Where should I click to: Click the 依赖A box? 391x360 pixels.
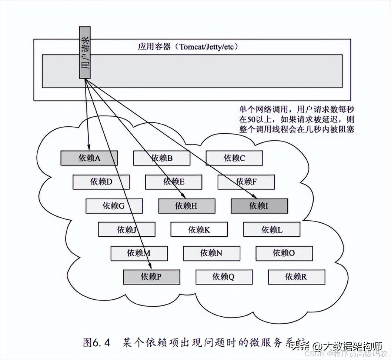click(x=89, y=158)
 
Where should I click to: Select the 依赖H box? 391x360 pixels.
click(x=187, y=206)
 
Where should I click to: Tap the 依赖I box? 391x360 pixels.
click(x=259, y=206)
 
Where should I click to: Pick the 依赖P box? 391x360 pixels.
click(x=151, y=277)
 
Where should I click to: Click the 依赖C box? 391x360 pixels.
click(x=234, y=158)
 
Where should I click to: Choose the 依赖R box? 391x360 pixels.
click(x=297, y=277)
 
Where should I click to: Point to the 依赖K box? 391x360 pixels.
click(x=199, y=230)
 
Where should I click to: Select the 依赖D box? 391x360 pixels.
click(x=101, y=182)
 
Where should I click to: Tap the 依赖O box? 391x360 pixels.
click(x=284, y=253)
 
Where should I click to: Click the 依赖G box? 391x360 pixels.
click(x=114, y=206)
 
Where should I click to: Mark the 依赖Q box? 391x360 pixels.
click(x=224, y=277)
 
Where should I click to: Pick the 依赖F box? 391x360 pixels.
click(x=246, y=182)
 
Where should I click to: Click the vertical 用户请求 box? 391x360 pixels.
click(x=85, y=52)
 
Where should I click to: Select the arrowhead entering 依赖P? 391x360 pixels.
click(x=150, y=266)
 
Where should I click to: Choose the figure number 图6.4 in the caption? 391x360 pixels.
click(x=97, y=343)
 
